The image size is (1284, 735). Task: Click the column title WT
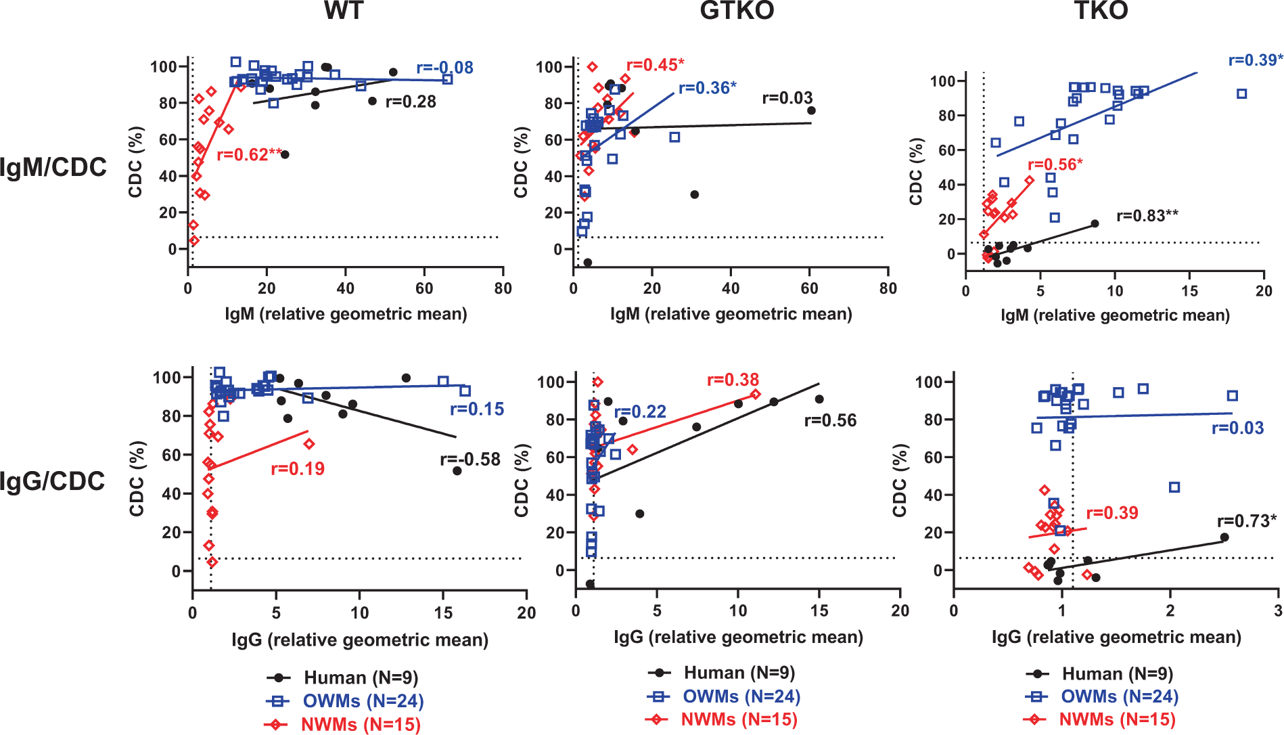[344, 11]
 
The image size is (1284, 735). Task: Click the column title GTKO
[737, 11]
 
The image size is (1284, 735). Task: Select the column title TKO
[1101, 11]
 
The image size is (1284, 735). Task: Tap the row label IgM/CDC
[53, 167]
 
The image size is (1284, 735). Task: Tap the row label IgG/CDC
[53, 481]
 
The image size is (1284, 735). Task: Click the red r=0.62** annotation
[249, 155]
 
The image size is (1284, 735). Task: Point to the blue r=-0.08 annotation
[444, 68]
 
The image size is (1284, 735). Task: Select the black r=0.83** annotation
[1147, 216]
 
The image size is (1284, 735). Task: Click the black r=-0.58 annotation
[470, 460]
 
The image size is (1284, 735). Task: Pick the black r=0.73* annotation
[1247, 520]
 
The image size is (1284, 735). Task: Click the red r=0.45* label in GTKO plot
[655, 65]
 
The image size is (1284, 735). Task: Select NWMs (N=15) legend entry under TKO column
[1117, 719]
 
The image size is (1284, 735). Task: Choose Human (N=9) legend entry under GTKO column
[739, 673]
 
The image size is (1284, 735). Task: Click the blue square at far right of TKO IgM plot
[1241, 94]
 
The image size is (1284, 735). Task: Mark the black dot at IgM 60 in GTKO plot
[811, 110]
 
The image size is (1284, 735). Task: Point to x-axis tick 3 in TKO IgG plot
[1277, 611]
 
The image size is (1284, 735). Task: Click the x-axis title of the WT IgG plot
[359, 640]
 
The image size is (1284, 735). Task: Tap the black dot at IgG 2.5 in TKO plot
[1224, 537]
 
